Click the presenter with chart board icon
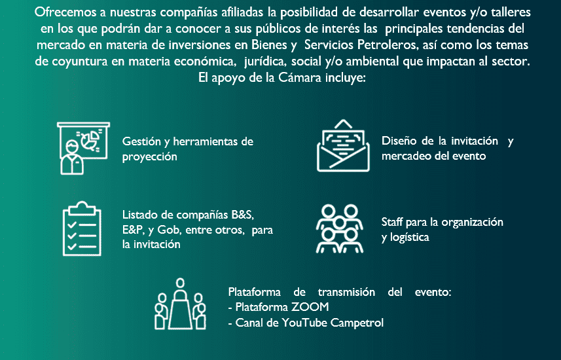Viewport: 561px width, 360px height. coord(83,148)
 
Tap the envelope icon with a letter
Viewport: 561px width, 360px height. coord(343,145)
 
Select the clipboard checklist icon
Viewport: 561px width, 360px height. coord(82,228)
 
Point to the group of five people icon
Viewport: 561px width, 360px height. coord(340,228)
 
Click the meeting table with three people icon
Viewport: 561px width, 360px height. coord(180,304)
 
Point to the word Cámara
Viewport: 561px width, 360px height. coord(300,78)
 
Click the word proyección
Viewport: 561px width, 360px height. coord(149,156)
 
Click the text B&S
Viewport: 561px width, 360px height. coord(243,215)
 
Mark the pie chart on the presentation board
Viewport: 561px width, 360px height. coord(90,140)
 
